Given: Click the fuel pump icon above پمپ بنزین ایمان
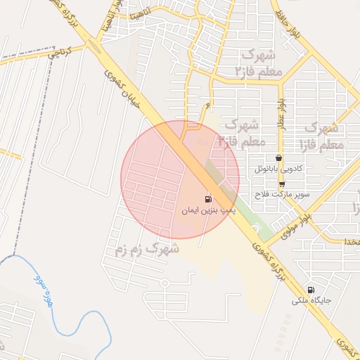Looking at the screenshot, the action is click(x=208, y=199).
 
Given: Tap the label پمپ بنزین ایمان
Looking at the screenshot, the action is click(x=208, y=210).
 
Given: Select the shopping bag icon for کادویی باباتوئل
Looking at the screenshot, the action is click(x=280, y=158).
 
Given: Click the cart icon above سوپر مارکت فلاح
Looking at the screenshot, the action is click(x=282, y=184).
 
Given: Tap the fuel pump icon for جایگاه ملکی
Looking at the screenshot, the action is click(x=311, y=290).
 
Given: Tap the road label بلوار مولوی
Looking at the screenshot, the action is click(x=290, y=224).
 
